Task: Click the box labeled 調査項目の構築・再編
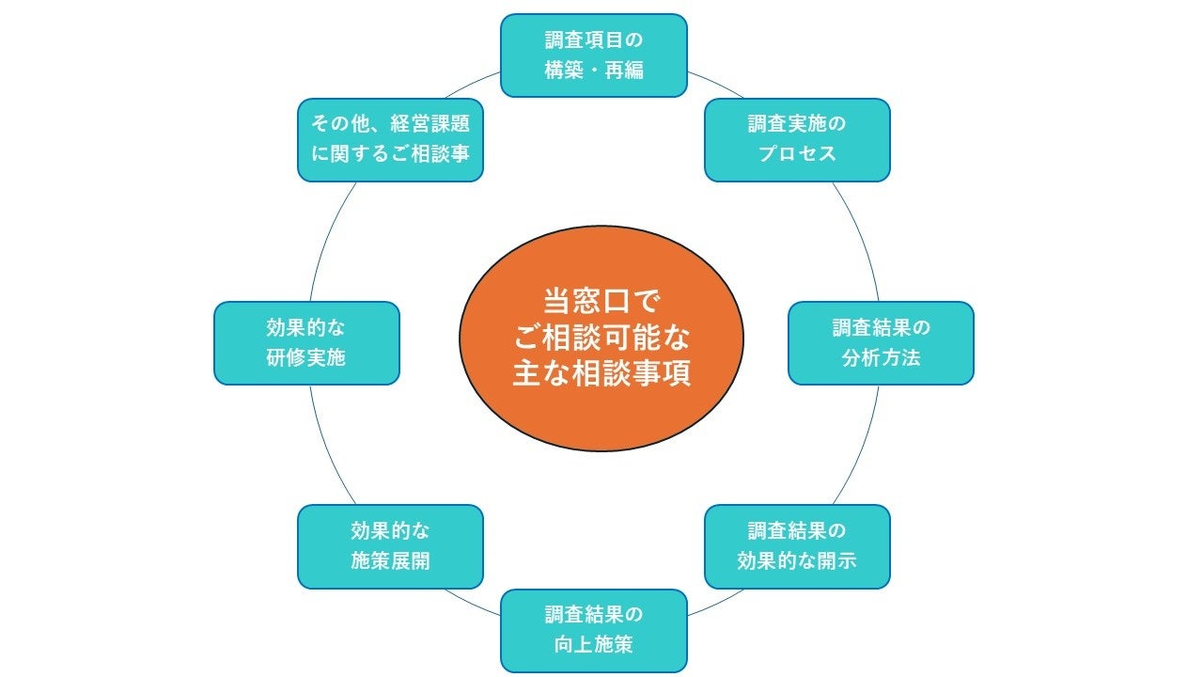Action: (x=594, y=55)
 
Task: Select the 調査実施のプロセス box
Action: (x=797, y=139)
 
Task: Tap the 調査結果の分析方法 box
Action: (x=881, y=343)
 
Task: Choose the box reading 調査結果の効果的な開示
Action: (x=797, y=546)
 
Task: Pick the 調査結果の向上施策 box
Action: (x=594, y=631)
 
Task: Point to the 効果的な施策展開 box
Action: (x=390, y=546)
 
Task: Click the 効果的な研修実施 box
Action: (x=306, y=343)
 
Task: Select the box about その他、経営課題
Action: (x=390, y=139)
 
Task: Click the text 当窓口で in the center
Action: (x=601, y=302)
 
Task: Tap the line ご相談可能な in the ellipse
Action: (x=601, y=337)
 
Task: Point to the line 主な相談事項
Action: (x=601, y=372)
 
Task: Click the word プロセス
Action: (x=797, y=153)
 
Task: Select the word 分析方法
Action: (x=881, y=358)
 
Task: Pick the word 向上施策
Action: (x=594, y=646)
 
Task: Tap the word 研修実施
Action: (x=306, y=358)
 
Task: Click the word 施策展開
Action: (x=390, y=561)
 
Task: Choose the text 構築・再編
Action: (x=594, y=71)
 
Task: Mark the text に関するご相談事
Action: (x=390, y=154)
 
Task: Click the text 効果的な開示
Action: (x=797, y=561)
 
